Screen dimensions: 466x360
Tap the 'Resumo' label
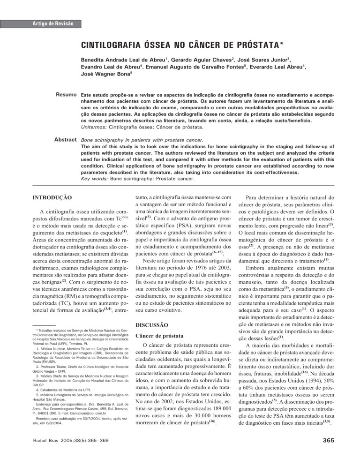coord(66,95)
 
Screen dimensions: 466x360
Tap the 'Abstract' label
coord(65,139)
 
